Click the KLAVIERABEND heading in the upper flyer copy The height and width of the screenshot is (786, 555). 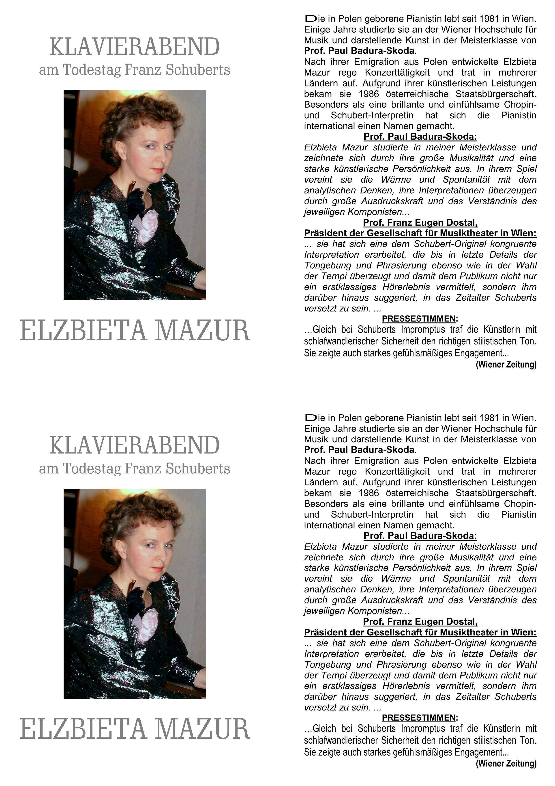click(134, 47)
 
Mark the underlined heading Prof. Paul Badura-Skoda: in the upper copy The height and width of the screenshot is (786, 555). click(420, 137)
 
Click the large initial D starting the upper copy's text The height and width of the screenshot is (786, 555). click(311, 19)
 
